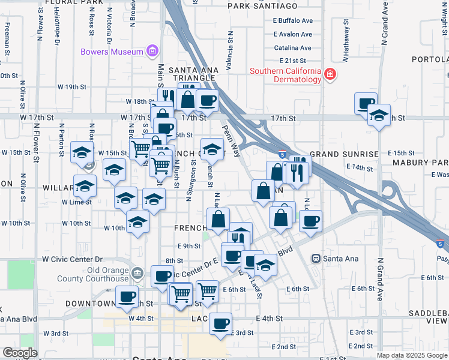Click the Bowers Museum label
pos(112,51)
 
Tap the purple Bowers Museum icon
pos(152,51)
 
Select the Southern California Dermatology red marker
pos(330,74)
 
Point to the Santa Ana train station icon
pos(315,258)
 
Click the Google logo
pos(20,353)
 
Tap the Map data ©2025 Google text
pos(411,355)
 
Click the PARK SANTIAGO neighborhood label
pos(263,6)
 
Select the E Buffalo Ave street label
pos(293,20)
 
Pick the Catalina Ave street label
pos(293,48)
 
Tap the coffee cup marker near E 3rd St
pos(220,323)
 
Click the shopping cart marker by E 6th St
pos(207,290)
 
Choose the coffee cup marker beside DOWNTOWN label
pos(127,296)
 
